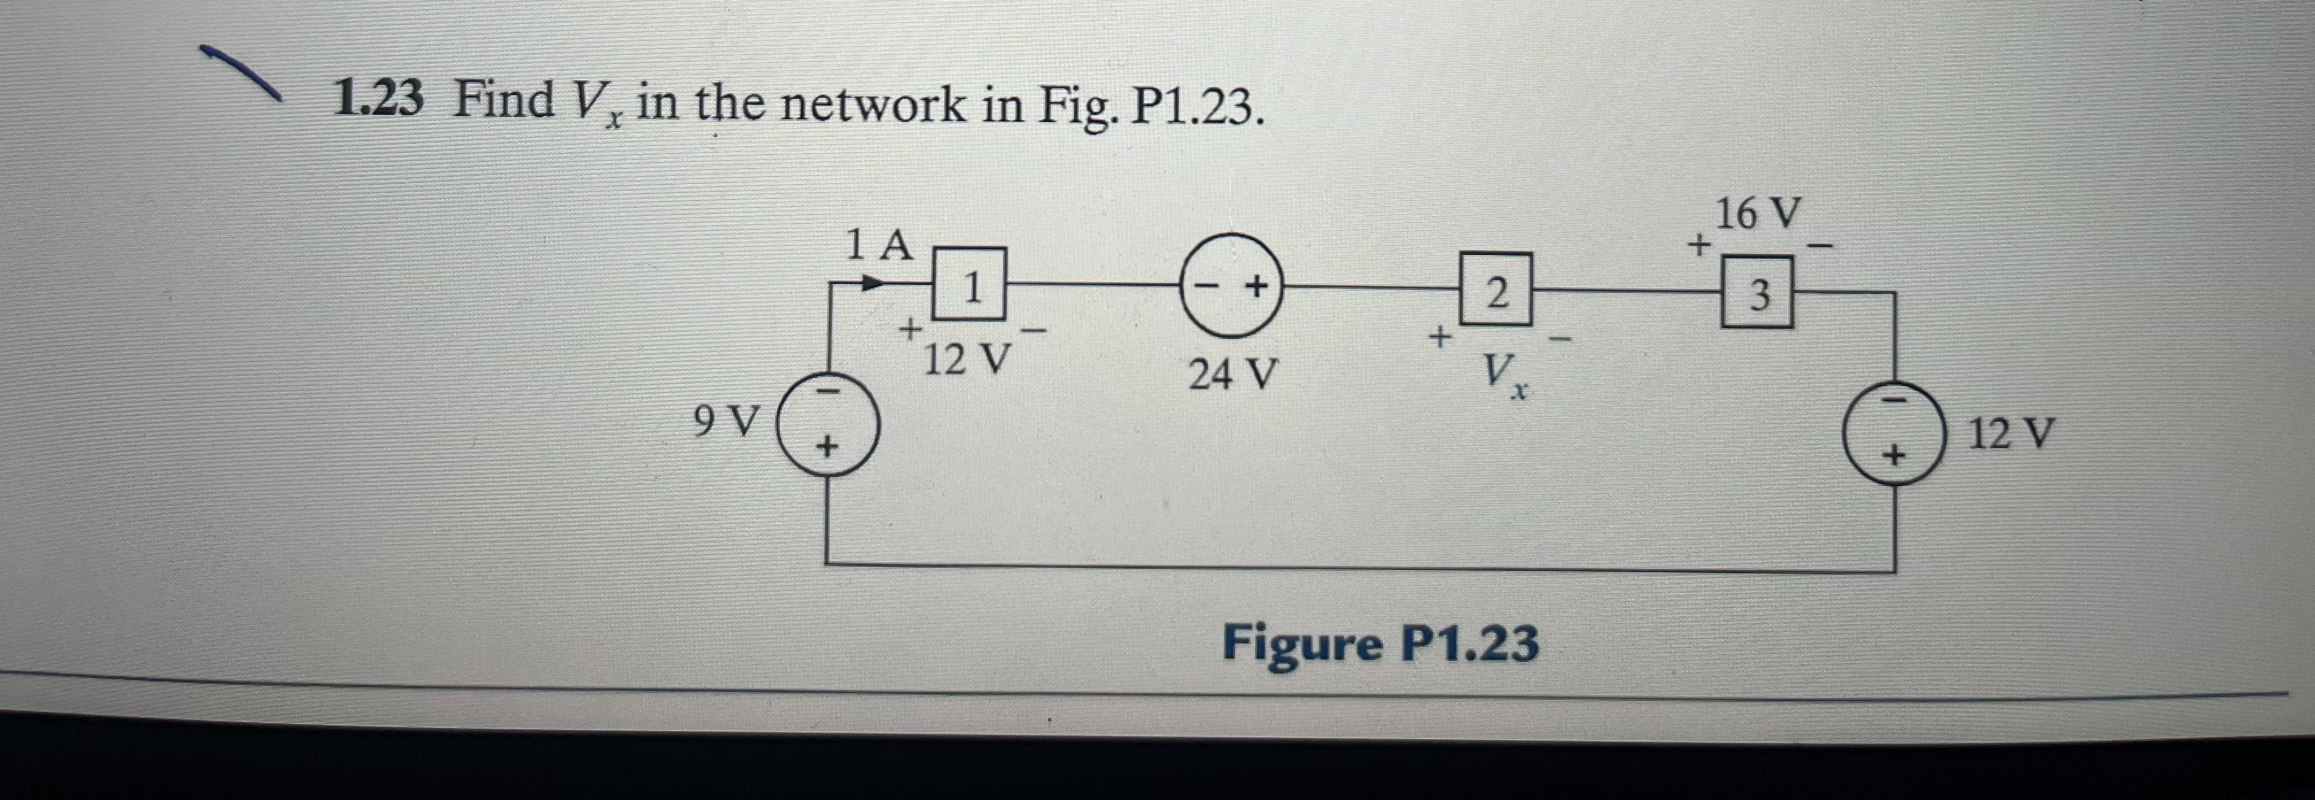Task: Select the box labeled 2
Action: [x=1495, y=290]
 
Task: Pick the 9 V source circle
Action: [x=827, y=424]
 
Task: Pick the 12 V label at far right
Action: [x=2011, y=434]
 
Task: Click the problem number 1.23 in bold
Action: [x=377, y=100]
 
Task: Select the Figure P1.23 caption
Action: [x=1379, y=644]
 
